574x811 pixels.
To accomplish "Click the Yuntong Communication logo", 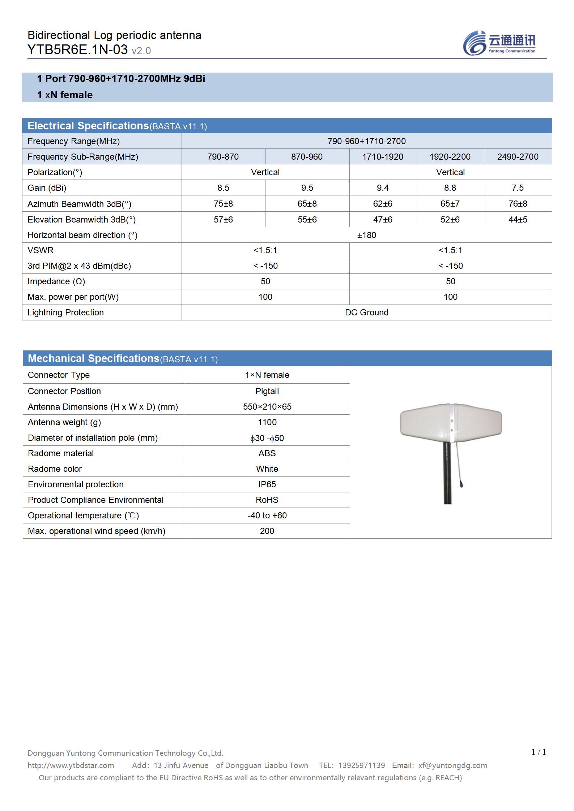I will [x=499, y=43].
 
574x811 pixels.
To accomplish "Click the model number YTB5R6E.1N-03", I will [x=77, y=50].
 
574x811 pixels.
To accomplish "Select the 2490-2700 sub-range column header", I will [x=518, y=157].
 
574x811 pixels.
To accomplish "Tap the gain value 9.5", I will [x=307, y=188].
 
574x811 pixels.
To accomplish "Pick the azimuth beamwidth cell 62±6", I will [x=383, y=204].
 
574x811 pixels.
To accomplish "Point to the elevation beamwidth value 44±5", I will [x=518, y=220].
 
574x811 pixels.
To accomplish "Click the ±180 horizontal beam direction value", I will [x=366, y=235].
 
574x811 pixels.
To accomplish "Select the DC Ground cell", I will [x=366, y=312].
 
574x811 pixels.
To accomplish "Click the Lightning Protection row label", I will [x=65, y=312].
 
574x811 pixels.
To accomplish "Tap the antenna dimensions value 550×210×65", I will [x=267, y=407].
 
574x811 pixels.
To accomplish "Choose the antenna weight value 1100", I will [x=267, y=422].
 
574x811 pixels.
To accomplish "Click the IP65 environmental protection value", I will [x=267, y=484].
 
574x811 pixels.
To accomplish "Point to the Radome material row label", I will [x=61, y=453].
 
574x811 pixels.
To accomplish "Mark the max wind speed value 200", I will [x=267, y=531].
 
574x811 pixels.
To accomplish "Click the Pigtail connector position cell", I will [x=267, y=391].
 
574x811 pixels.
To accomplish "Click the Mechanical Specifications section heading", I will [x=93, y=358].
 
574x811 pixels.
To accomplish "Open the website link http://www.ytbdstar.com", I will [x=71, y=765].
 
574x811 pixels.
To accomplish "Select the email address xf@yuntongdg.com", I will [x=452, y=765].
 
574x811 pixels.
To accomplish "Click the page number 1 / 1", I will [x=539, y=752].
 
